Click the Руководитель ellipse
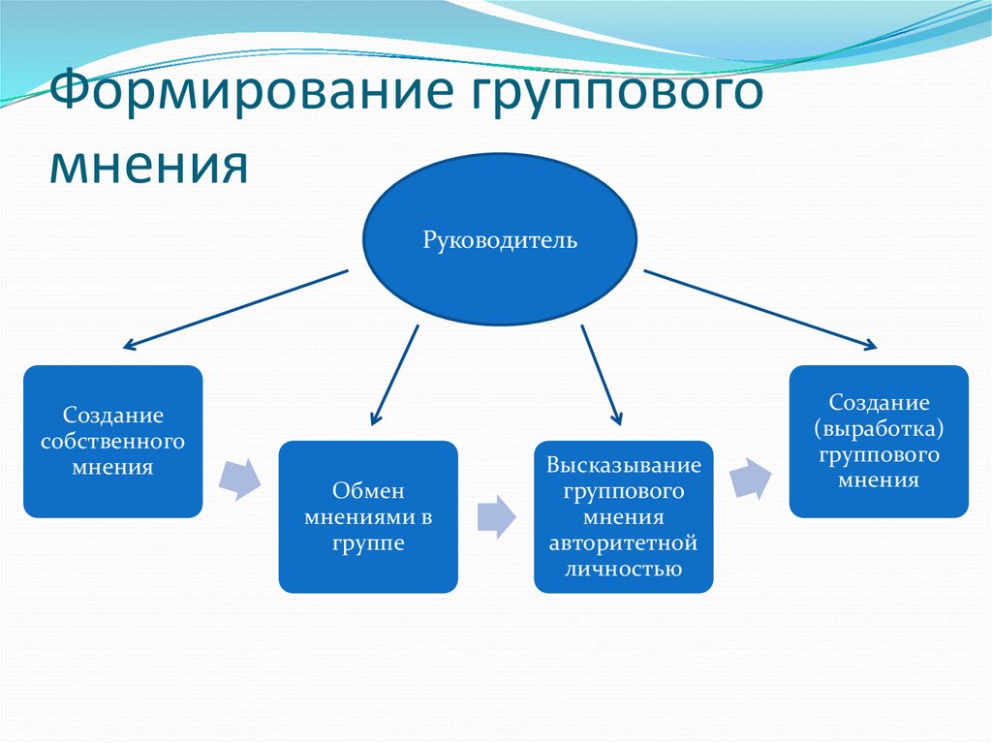click(499, 239)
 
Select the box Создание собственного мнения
click(112, 441)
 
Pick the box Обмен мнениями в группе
click(368, 516)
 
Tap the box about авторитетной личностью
click(623, 516)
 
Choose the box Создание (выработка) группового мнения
click(879, 441)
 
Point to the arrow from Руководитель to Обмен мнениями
click(396, 373)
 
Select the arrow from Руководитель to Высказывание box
click(600, 373)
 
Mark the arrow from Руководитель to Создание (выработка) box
click(760, 309)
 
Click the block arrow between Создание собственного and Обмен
click(240, 478)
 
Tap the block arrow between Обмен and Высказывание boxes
click(496, 515)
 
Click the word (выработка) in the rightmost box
click(879, 428)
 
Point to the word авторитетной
click(623, 543)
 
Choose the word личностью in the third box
click(623, 569)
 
